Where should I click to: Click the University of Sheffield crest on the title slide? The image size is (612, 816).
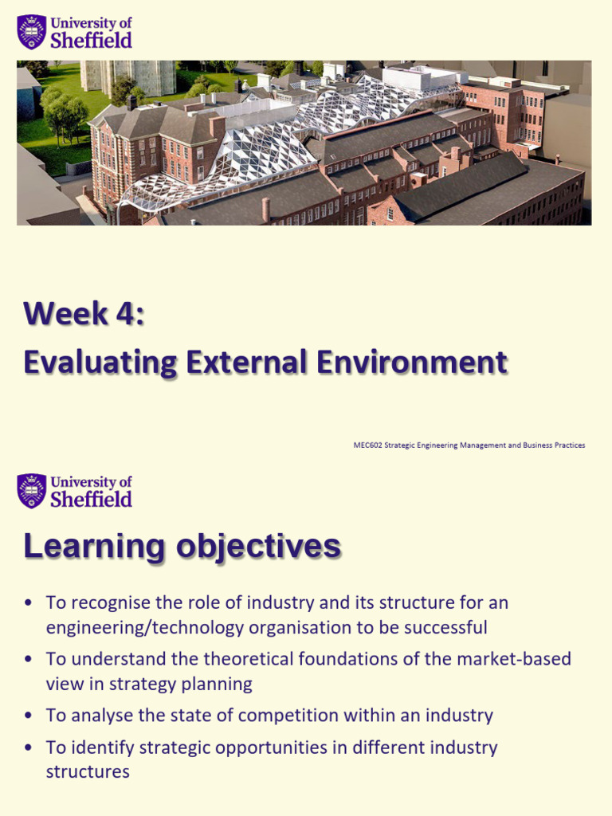click(x=32, y=32)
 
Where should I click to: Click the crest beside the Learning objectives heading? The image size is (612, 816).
click(x=32, y=491)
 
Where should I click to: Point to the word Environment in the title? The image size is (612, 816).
click(x=411, y=362)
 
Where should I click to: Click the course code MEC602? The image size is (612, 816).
click(x=368, y=445)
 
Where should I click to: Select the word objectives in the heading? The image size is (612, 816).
click(x=259, y=547)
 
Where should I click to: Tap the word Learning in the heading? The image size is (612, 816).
click(x=94, y=547)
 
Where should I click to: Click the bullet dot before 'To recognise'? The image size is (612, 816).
click(x=29, y=603)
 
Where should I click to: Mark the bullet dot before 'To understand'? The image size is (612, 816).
click(x=29, y=659)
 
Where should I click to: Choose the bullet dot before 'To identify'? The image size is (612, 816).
click(x=29, y=747)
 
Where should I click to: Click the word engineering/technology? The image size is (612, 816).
click(x=145, y=628)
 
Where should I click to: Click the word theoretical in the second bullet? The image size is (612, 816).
click(x=248, y=659)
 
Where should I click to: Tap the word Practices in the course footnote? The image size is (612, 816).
click(x=571, y=445)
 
